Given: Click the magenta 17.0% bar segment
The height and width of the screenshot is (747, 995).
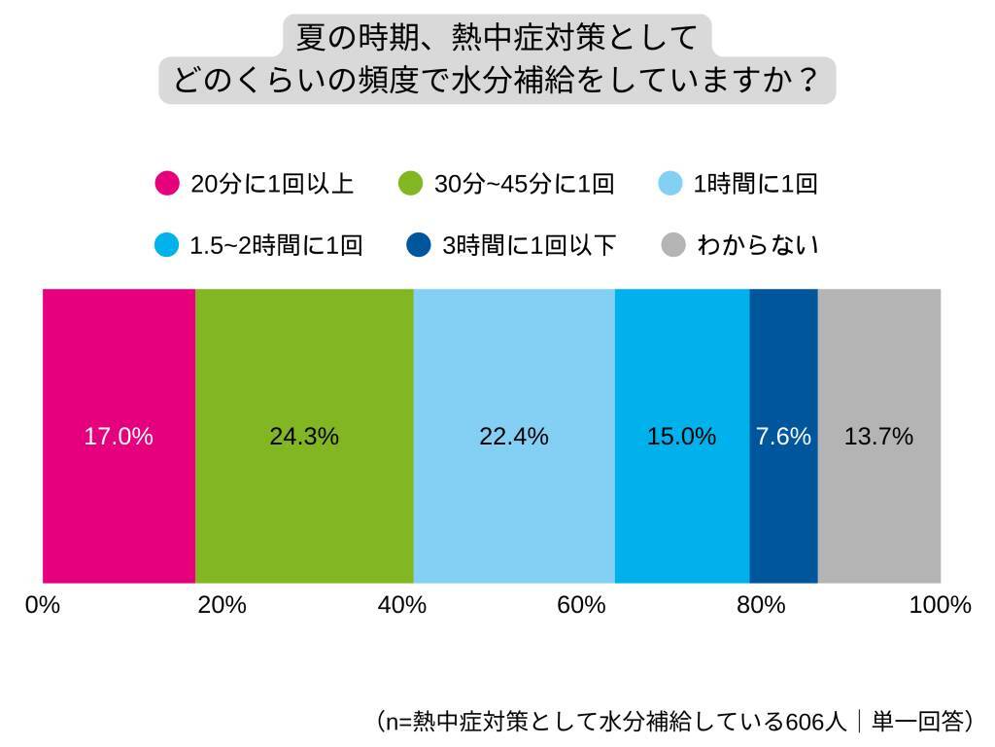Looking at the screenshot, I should point(119,436).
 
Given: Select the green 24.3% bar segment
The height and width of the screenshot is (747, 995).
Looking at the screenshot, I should point(304,436).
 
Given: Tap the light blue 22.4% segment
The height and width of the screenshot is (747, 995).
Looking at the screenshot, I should point(514,436).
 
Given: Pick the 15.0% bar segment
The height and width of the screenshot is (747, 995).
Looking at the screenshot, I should point(681,436).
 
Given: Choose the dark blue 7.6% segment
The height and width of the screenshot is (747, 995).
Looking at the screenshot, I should point(783,436).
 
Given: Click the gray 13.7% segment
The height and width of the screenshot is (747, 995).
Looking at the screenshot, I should point(878,436).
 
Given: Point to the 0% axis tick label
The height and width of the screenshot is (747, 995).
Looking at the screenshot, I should point(43,605).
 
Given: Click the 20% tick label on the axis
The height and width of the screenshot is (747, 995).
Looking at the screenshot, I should point(222,605).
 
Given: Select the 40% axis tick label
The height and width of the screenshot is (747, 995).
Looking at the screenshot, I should point(401,605).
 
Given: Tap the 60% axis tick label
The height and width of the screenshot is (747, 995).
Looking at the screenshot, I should point(581,605).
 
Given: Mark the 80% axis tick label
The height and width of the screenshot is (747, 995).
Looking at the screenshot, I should point(761,605).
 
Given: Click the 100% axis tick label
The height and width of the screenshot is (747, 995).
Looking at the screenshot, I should point(940,605).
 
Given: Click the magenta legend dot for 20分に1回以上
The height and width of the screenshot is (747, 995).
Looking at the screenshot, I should point(167,184).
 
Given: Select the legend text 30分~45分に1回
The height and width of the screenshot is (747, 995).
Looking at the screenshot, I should point(524,184).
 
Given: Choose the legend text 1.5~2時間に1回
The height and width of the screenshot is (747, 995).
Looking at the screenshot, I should point(276,245).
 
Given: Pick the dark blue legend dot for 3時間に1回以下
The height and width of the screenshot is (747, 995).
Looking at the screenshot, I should point(419,245).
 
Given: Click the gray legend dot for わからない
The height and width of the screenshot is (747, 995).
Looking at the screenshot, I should point(673,245).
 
